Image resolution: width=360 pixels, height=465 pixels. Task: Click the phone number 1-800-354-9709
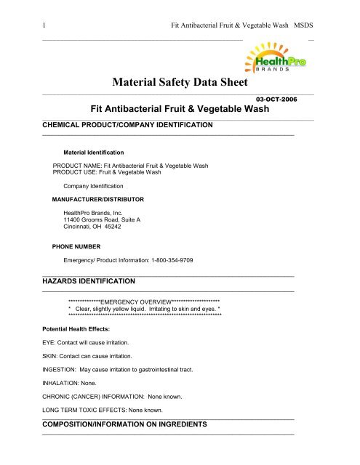[166, 261]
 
